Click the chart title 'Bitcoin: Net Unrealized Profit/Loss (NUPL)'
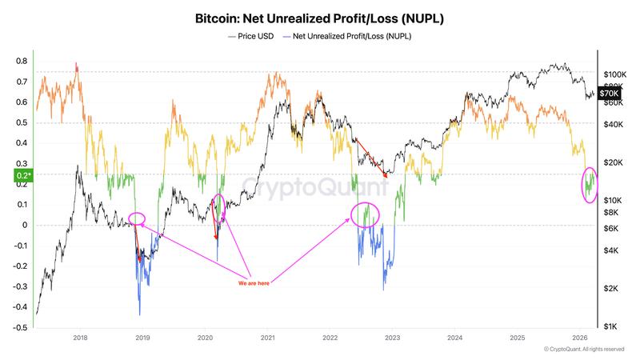320,17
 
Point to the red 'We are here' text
254,283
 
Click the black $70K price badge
610,94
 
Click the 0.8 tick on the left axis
22,61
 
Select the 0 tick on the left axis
25,225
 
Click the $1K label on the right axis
612,326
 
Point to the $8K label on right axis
612,212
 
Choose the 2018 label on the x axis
80,338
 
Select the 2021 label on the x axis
267,338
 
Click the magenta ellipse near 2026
590,185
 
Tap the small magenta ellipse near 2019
137,218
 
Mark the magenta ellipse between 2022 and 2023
365,214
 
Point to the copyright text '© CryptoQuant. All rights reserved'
583,350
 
